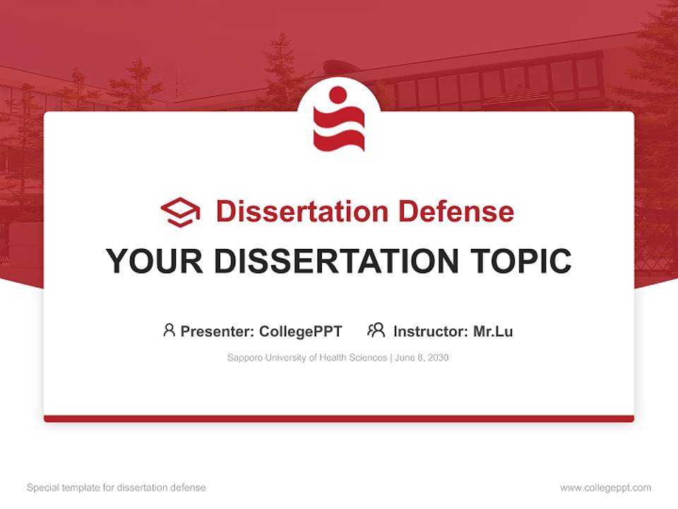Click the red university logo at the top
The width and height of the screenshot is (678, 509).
(339, 119)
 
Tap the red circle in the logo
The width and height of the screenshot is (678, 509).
(338, 95)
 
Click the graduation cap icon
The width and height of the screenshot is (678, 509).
(180, 211)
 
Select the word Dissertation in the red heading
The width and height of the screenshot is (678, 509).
(302, 211)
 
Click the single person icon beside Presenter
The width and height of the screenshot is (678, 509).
(169, 330)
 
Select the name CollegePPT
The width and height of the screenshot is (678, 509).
(301, 331)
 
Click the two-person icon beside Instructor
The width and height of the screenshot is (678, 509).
(376, 330)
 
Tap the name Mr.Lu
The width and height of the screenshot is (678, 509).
(493, 331)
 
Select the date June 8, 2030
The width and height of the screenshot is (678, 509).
(422, 358)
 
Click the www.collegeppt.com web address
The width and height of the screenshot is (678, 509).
(605, 488)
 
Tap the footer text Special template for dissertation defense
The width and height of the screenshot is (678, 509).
(117, 488)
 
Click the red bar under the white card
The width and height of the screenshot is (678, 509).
(339, 419)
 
